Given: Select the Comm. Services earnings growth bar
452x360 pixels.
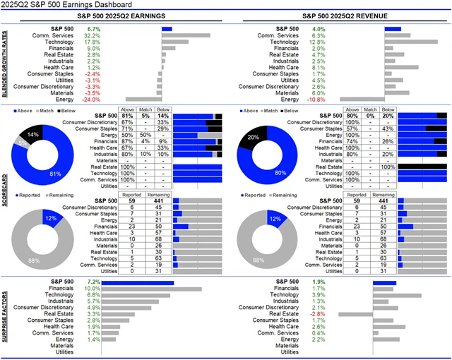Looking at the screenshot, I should point(186,35).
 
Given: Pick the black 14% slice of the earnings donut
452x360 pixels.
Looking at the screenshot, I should point(32,133).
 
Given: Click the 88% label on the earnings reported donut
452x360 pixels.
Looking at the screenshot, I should point(33,260).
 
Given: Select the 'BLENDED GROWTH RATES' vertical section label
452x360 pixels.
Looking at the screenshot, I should point(5,64).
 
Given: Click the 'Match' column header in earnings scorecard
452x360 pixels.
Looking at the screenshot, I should point(145,110).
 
